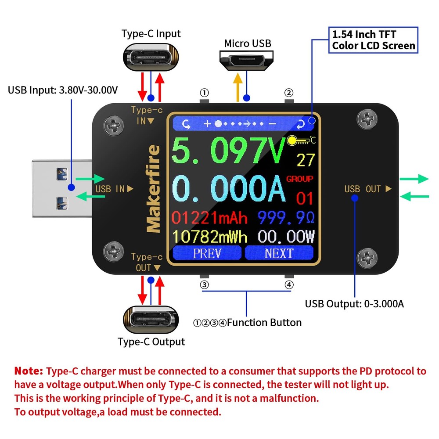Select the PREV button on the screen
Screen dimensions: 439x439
click(207, 253)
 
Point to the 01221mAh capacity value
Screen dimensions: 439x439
click(209, 218)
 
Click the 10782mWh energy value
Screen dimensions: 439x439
click(209, 237)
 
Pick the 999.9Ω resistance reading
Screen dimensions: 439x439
click(286, 218)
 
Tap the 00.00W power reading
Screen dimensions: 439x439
click(286, 237)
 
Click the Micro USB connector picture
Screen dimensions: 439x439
click(247, 60)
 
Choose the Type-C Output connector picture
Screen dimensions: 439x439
click(151, 318)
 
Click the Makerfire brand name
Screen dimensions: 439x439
click(153, 189)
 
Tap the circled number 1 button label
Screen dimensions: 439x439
click(204, 93)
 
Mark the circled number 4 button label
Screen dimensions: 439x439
click(288, 284)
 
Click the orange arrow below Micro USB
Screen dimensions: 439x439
click(238, 87)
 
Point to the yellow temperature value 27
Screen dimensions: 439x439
click(306, 160)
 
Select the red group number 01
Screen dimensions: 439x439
click(305, 198)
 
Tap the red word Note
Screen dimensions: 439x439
click(29, 371)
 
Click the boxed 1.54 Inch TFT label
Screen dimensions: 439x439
click(373, 40)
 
